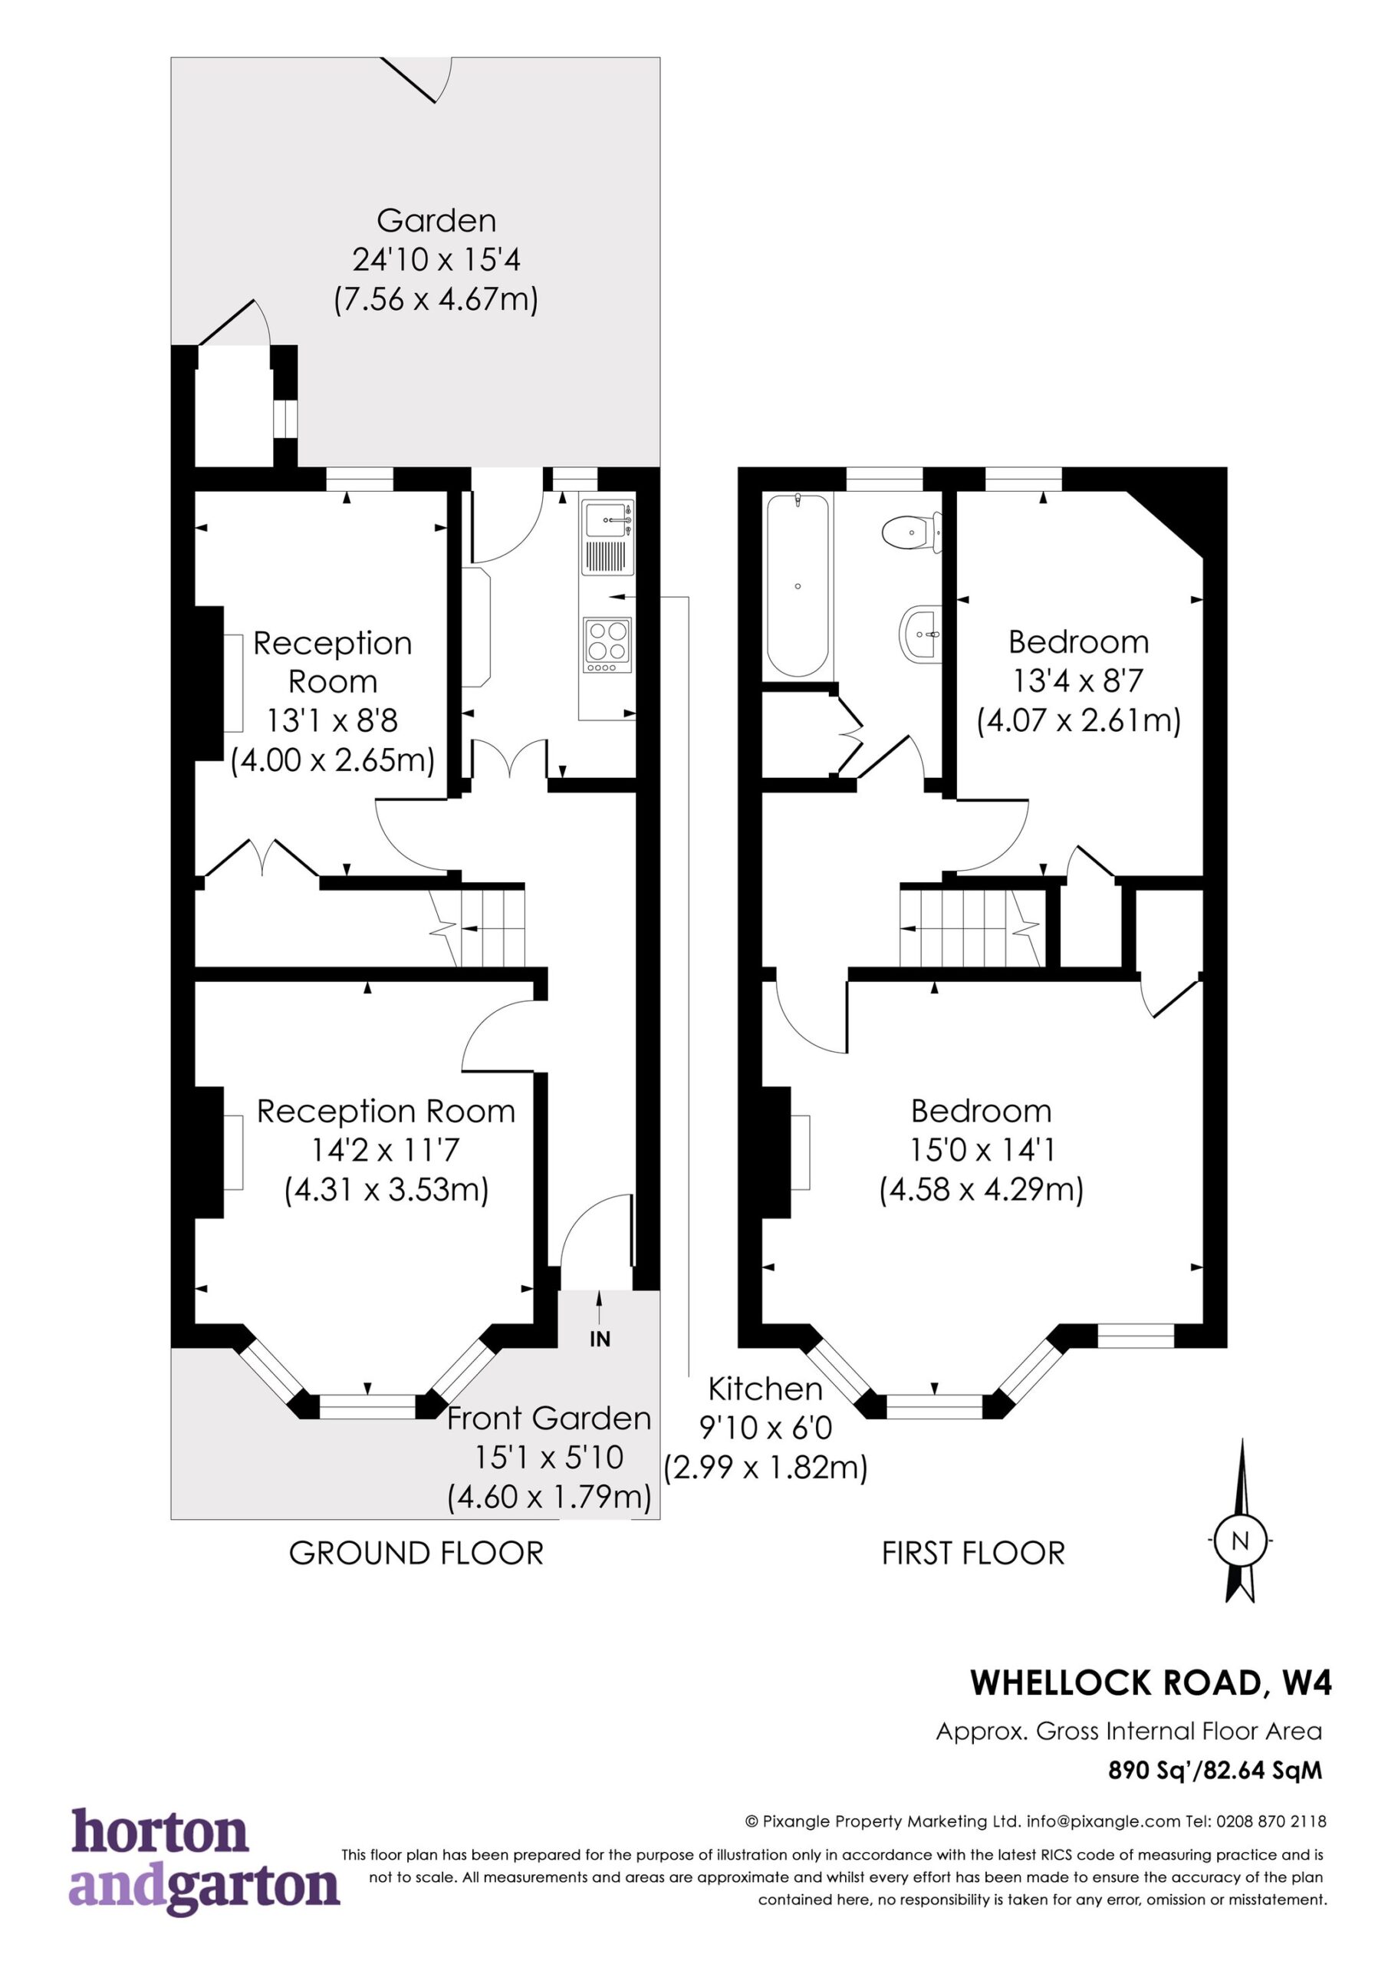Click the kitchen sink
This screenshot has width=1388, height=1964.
click(608, 538)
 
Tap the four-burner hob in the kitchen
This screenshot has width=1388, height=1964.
click(608, 646)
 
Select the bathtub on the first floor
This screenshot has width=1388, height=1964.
click(797, 586)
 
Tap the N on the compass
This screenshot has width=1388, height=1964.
click(1239, 1541)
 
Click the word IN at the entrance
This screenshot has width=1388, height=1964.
click(600, 1340)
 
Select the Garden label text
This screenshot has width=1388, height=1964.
click(436, 221)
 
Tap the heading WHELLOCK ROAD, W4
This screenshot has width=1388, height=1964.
click(1151, 1682)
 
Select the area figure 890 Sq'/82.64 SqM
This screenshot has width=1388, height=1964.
click(1215, 1770)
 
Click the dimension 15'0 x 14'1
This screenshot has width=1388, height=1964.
click(982, 1150)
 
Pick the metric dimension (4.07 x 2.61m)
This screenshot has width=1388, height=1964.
click(1078, 720)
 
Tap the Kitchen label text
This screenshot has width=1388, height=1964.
click(765, 1389)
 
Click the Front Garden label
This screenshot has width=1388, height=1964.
click(549, 1419)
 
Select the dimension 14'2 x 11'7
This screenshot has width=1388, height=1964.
click(386, 1150)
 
